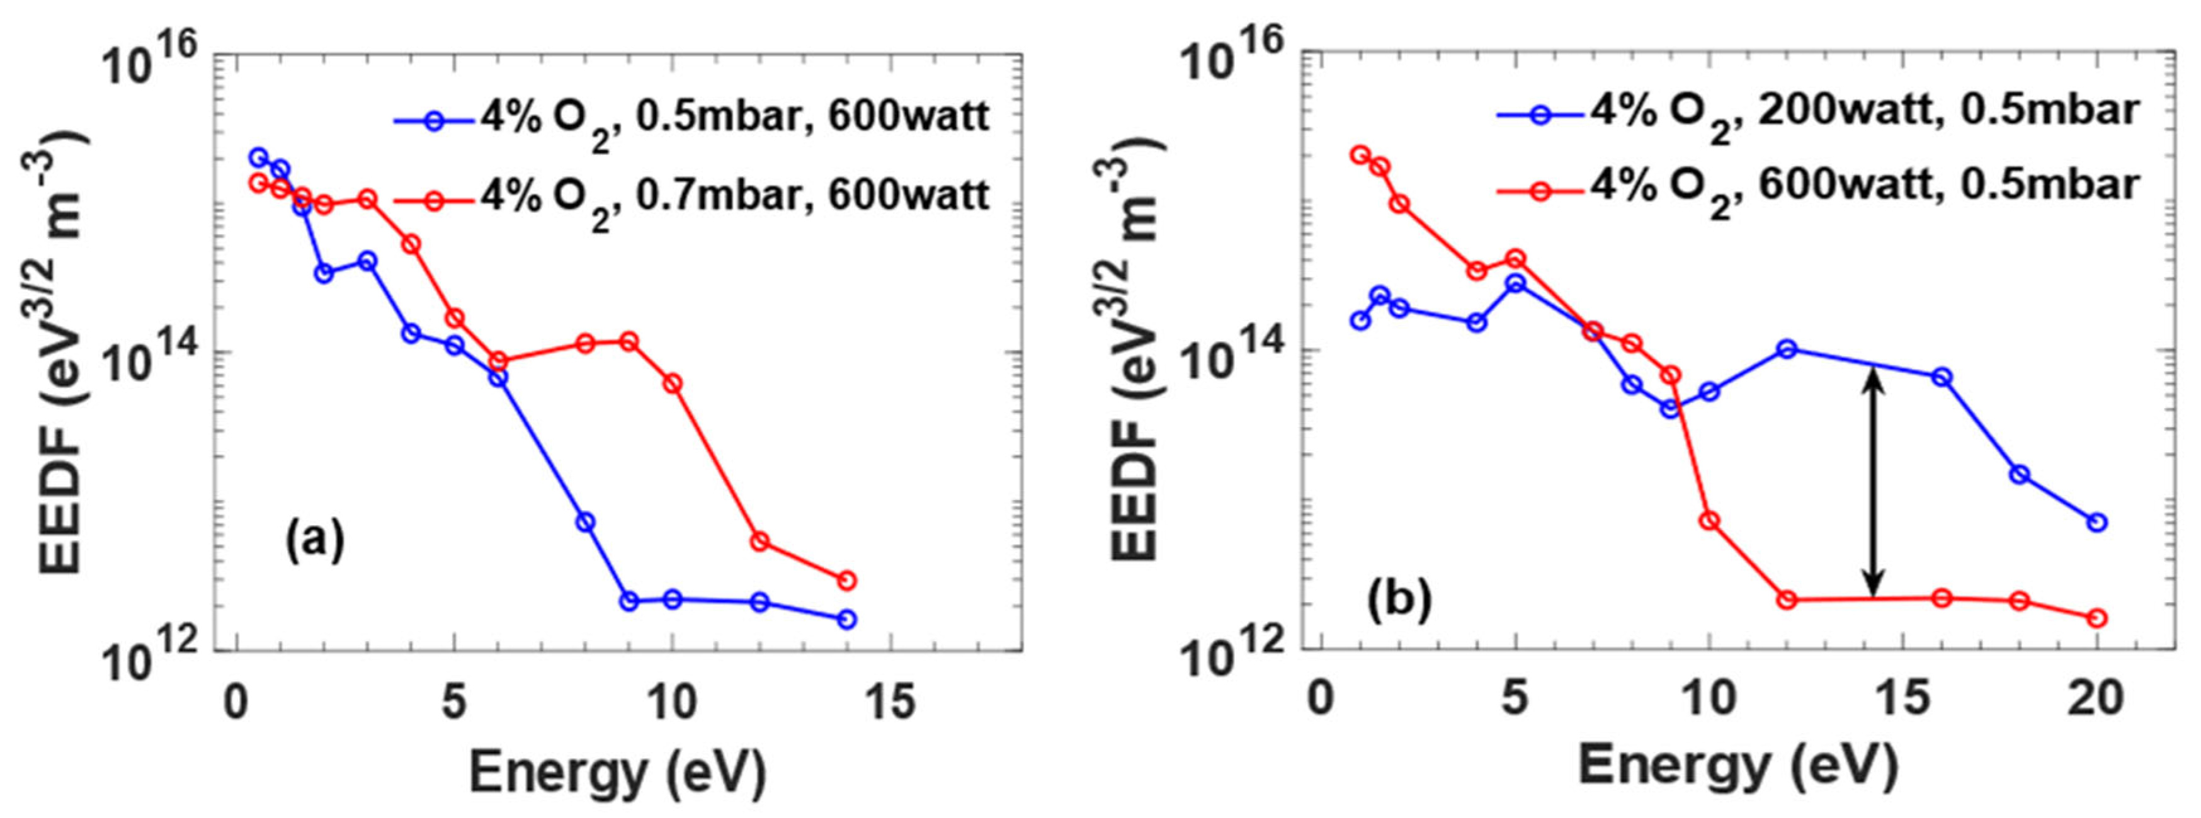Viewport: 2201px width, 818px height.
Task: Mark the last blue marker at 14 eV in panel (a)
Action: point(847,620)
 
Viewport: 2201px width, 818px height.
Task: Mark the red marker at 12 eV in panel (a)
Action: point(759,541)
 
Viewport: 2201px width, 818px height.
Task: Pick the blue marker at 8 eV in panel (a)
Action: point(585,522)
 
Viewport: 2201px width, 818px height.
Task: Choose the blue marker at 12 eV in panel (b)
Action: point(1787,349)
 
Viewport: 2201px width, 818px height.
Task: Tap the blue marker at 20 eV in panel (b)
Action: point(2096,522)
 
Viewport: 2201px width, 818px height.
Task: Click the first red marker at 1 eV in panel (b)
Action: point(1360,155)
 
